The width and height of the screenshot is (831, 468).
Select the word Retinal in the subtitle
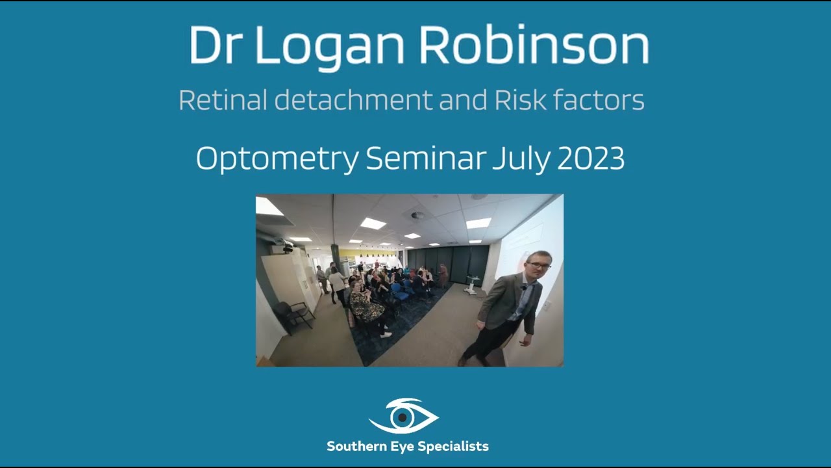223,101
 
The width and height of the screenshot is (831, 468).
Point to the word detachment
353,101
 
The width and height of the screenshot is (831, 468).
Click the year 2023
590,158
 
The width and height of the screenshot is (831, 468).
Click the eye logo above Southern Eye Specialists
404,416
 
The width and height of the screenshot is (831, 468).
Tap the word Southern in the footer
356,447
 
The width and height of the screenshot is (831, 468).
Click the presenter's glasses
539,266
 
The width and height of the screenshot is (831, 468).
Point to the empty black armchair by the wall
294,315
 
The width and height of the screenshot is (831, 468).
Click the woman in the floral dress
367,308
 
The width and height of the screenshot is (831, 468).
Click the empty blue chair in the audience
398,292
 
